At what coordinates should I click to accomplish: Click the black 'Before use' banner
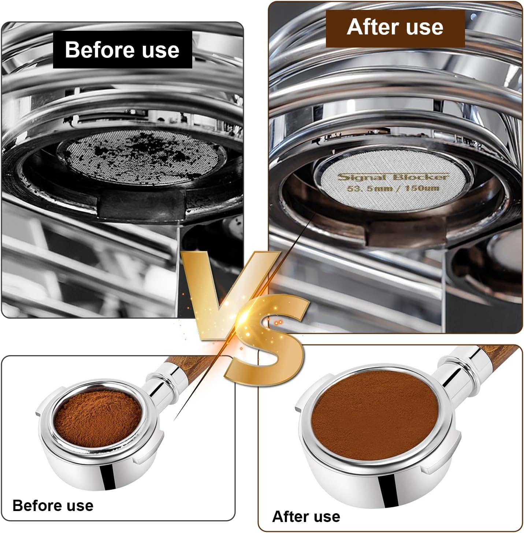click(122, 50)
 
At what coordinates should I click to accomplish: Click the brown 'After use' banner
click(395, 27)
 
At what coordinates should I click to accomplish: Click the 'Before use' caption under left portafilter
click(53, 506)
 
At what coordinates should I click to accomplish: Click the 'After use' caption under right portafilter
click(306, 517)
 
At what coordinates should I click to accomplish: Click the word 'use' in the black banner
click(160, 50)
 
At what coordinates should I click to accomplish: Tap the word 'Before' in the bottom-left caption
click(36, 506)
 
